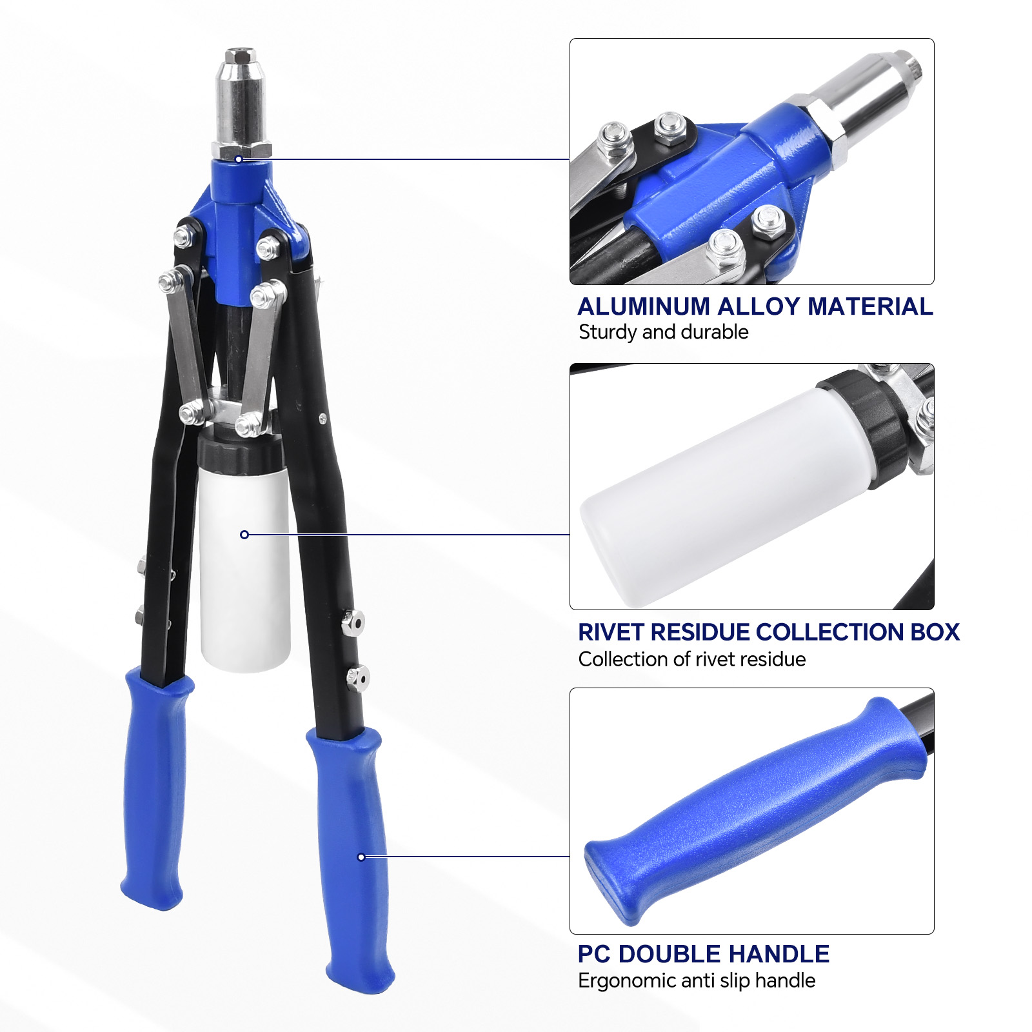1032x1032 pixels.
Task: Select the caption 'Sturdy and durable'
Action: pos(663,332)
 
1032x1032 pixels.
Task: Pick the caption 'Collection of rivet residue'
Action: pos(692,659)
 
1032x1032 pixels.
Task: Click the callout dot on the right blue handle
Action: pos(361,857)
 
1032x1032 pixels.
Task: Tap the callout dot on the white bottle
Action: pos(244,535)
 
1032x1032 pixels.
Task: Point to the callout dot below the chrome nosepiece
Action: pos(239,159)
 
